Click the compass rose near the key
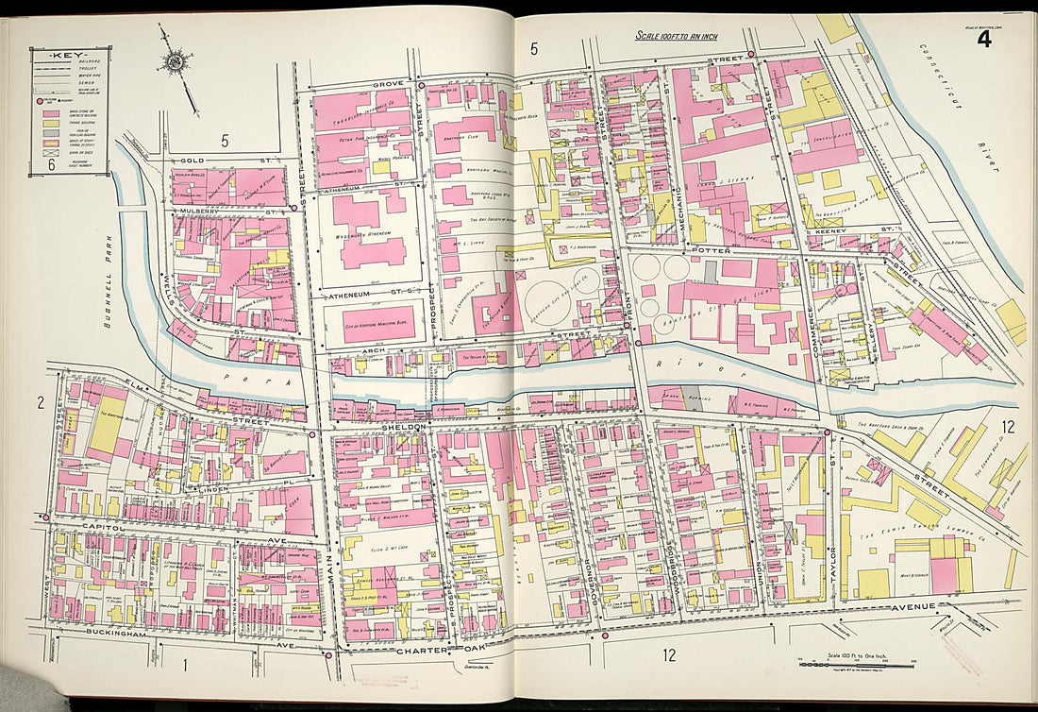coord(175,63)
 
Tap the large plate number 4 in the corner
coord(983,39)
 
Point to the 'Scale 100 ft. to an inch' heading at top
coord(677,37)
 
